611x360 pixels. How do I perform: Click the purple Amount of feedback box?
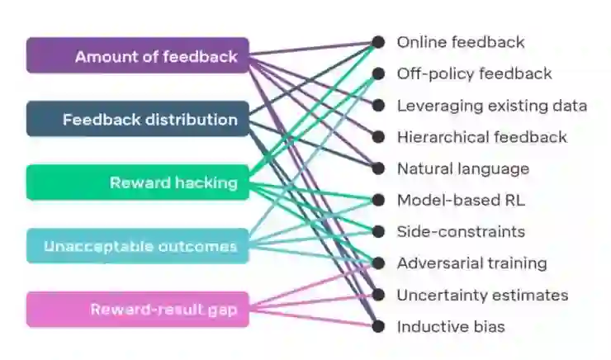click(137, 56)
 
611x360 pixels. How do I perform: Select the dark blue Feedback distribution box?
click(137, 120)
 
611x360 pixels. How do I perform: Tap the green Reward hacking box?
click(137, 182)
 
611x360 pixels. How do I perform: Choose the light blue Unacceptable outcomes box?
click(137, 246)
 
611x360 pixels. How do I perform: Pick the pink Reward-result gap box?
click(137, 310)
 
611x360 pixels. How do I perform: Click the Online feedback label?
click(461, 42)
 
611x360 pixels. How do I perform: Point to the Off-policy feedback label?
click(474, 73)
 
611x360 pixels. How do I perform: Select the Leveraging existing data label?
click(491, 106)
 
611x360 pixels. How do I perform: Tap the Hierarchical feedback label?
click(481, 137)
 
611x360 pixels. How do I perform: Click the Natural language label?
click(462, 168)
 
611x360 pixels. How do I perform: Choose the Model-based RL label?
click(461, 200)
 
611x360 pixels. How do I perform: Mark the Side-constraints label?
click(461, 232)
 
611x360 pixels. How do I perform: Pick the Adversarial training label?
click(471, 263)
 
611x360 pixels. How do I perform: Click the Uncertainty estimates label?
click(482, 295)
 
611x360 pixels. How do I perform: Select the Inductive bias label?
click(451, 326)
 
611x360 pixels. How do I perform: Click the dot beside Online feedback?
click(378, 42)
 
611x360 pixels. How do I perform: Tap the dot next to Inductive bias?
click(378, 326)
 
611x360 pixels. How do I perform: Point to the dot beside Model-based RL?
click(378, 200)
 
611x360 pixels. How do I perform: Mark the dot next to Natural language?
click(378, 168)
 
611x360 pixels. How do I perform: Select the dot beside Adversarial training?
click(378, 263)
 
